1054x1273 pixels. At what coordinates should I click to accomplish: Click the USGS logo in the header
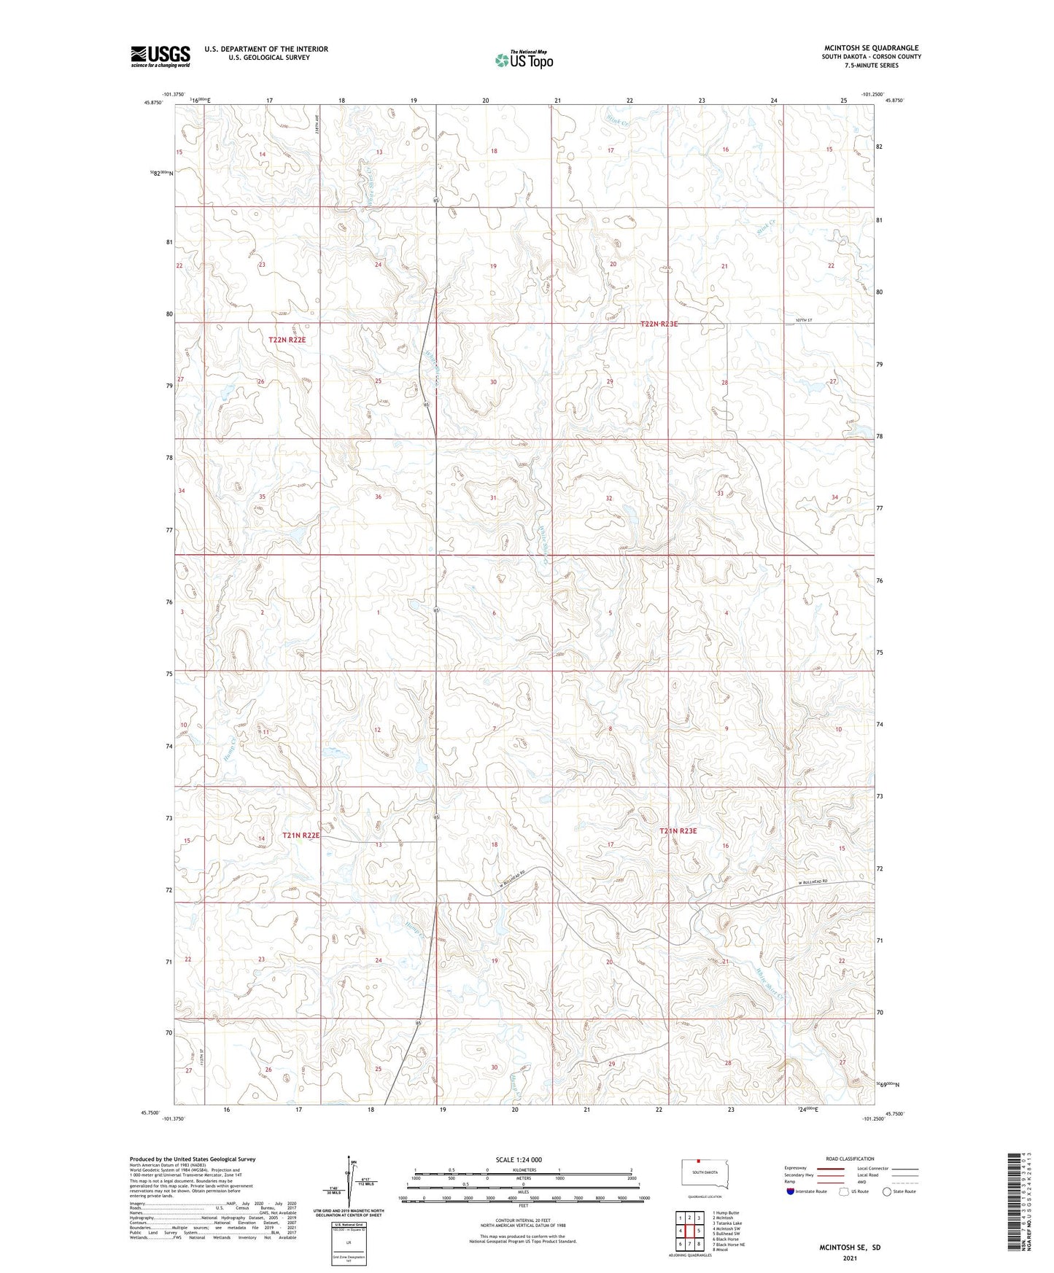click(x=160, y=56)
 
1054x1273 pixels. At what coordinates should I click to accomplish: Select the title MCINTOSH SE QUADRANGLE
click(x=871, y=48)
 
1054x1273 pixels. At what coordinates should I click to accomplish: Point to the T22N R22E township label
click(x=289, y=340)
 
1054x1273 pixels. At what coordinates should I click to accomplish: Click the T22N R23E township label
click(x=659, y=324)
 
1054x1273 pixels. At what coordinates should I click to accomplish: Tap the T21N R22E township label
click(x=301, y=836)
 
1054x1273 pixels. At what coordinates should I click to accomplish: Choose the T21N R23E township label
click(x=678, y=831)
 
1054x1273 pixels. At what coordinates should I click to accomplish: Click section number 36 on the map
click(x=378, y=497)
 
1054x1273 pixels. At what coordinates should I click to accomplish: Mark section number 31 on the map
click(x=493, y=498)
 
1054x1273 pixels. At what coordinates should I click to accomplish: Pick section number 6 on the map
click(x=494, y=613)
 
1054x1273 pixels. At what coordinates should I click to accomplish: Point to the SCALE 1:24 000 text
click(x=519, y=1159)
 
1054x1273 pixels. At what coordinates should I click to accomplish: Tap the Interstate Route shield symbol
click(x=791, y=1191)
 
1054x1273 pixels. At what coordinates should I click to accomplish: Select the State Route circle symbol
click(x=887, y=1192)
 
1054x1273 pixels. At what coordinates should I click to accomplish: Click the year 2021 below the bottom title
click(x=849, y=1258)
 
